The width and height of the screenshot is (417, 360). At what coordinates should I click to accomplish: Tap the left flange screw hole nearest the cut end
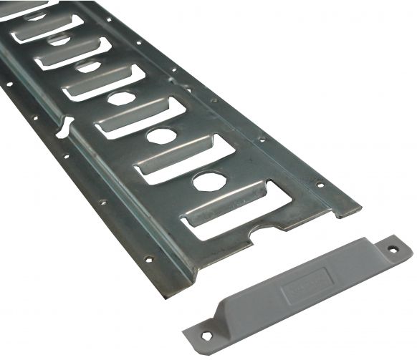coord(149,259)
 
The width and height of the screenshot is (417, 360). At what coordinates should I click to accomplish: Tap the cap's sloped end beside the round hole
coord(373,256)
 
